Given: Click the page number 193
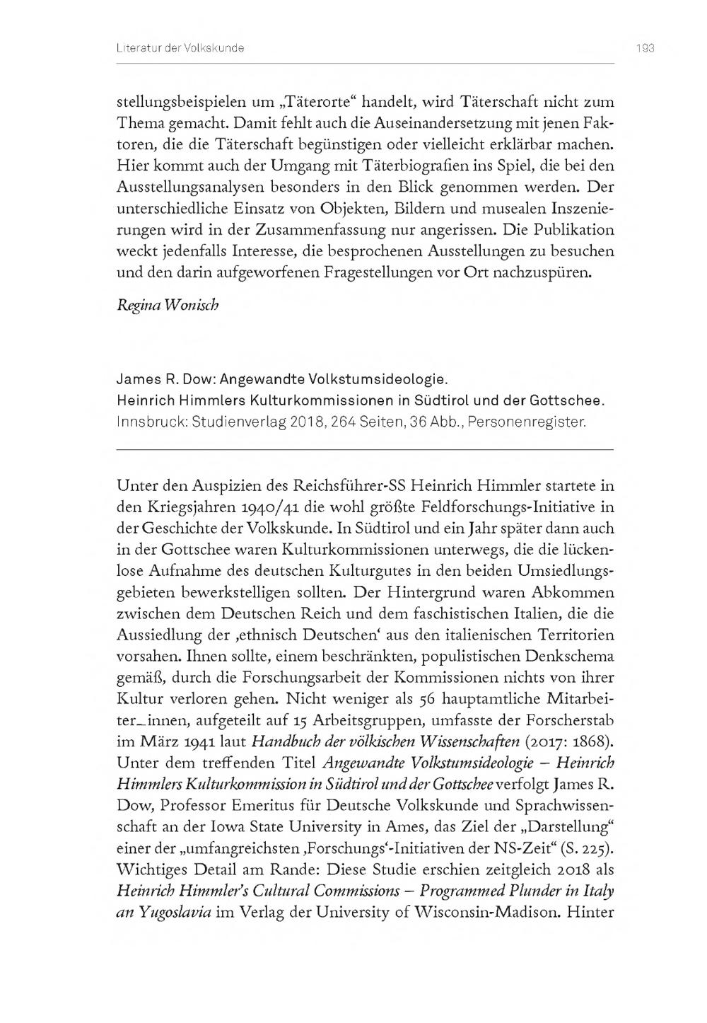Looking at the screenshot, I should [645, 48].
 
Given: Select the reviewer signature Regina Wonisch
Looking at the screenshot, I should [158, 305].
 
